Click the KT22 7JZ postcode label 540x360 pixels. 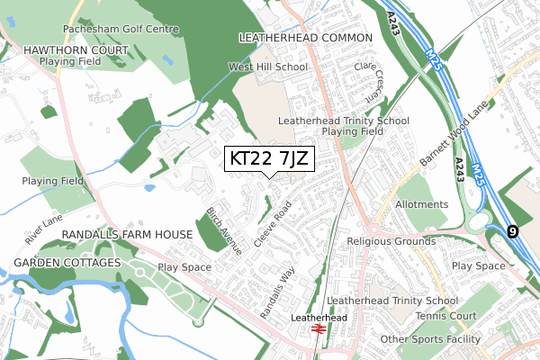pos(269,158)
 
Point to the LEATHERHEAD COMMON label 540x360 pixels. pos(305,38)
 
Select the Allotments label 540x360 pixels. pos(421,204)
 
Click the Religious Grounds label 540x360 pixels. pos(391,241)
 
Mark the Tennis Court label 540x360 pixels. pos(445,316)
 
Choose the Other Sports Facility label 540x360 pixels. pos(431,339)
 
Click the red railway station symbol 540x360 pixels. pos(318,330)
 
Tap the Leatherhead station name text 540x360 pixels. pos(319,318)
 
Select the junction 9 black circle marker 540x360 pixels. pos(512,231)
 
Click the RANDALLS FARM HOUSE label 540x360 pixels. pos(126,234)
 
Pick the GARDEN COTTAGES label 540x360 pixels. pos(67,262)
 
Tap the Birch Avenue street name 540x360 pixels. pos(223,232)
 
